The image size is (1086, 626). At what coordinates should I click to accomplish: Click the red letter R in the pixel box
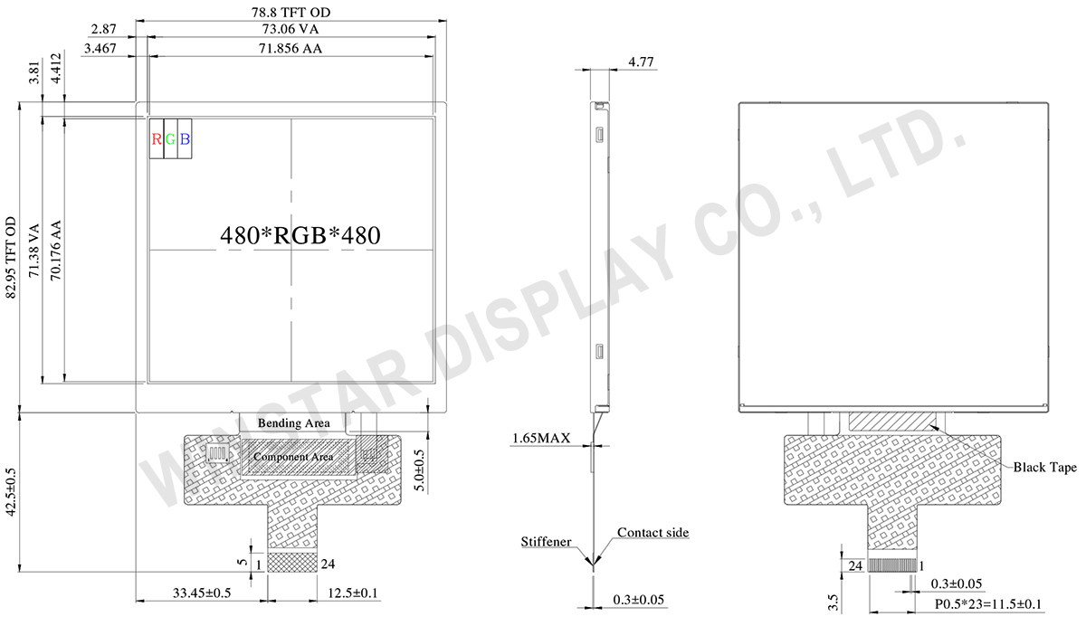coord(156,139)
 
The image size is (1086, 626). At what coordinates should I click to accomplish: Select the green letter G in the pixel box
coord(170,139)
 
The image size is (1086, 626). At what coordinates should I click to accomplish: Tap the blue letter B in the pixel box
coord(185,139)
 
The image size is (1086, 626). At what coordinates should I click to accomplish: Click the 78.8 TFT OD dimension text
coord(291,12)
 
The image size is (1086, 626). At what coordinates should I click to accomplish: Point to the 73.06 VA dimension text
coord(291,29)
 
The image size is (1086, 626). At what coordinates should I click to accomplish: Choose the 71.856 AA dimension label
coord(290,49)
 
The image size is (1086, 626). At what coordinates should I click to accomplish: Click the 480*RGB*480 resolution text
coord(300,235)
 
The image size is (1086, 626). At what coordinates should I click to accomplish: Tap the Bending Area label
coord(294,423)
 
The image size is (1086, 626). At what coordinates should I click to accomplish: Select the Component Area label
coord(293,457)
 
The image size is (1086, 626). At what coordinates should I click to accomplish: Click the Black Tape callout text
coord(1044,467)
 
